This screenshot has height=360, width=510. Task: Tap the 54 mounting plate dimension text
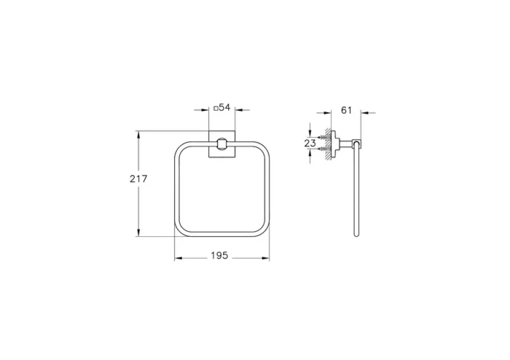(x=224, y=108)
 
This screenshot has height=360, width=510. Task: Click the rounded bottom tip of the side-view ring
(x=356, y=235)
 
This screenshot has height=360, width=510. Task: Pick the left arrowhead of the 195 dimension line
(x=177, y=259)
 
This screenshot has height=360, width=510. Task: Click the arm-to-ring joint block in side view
(x=355, y=144)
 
